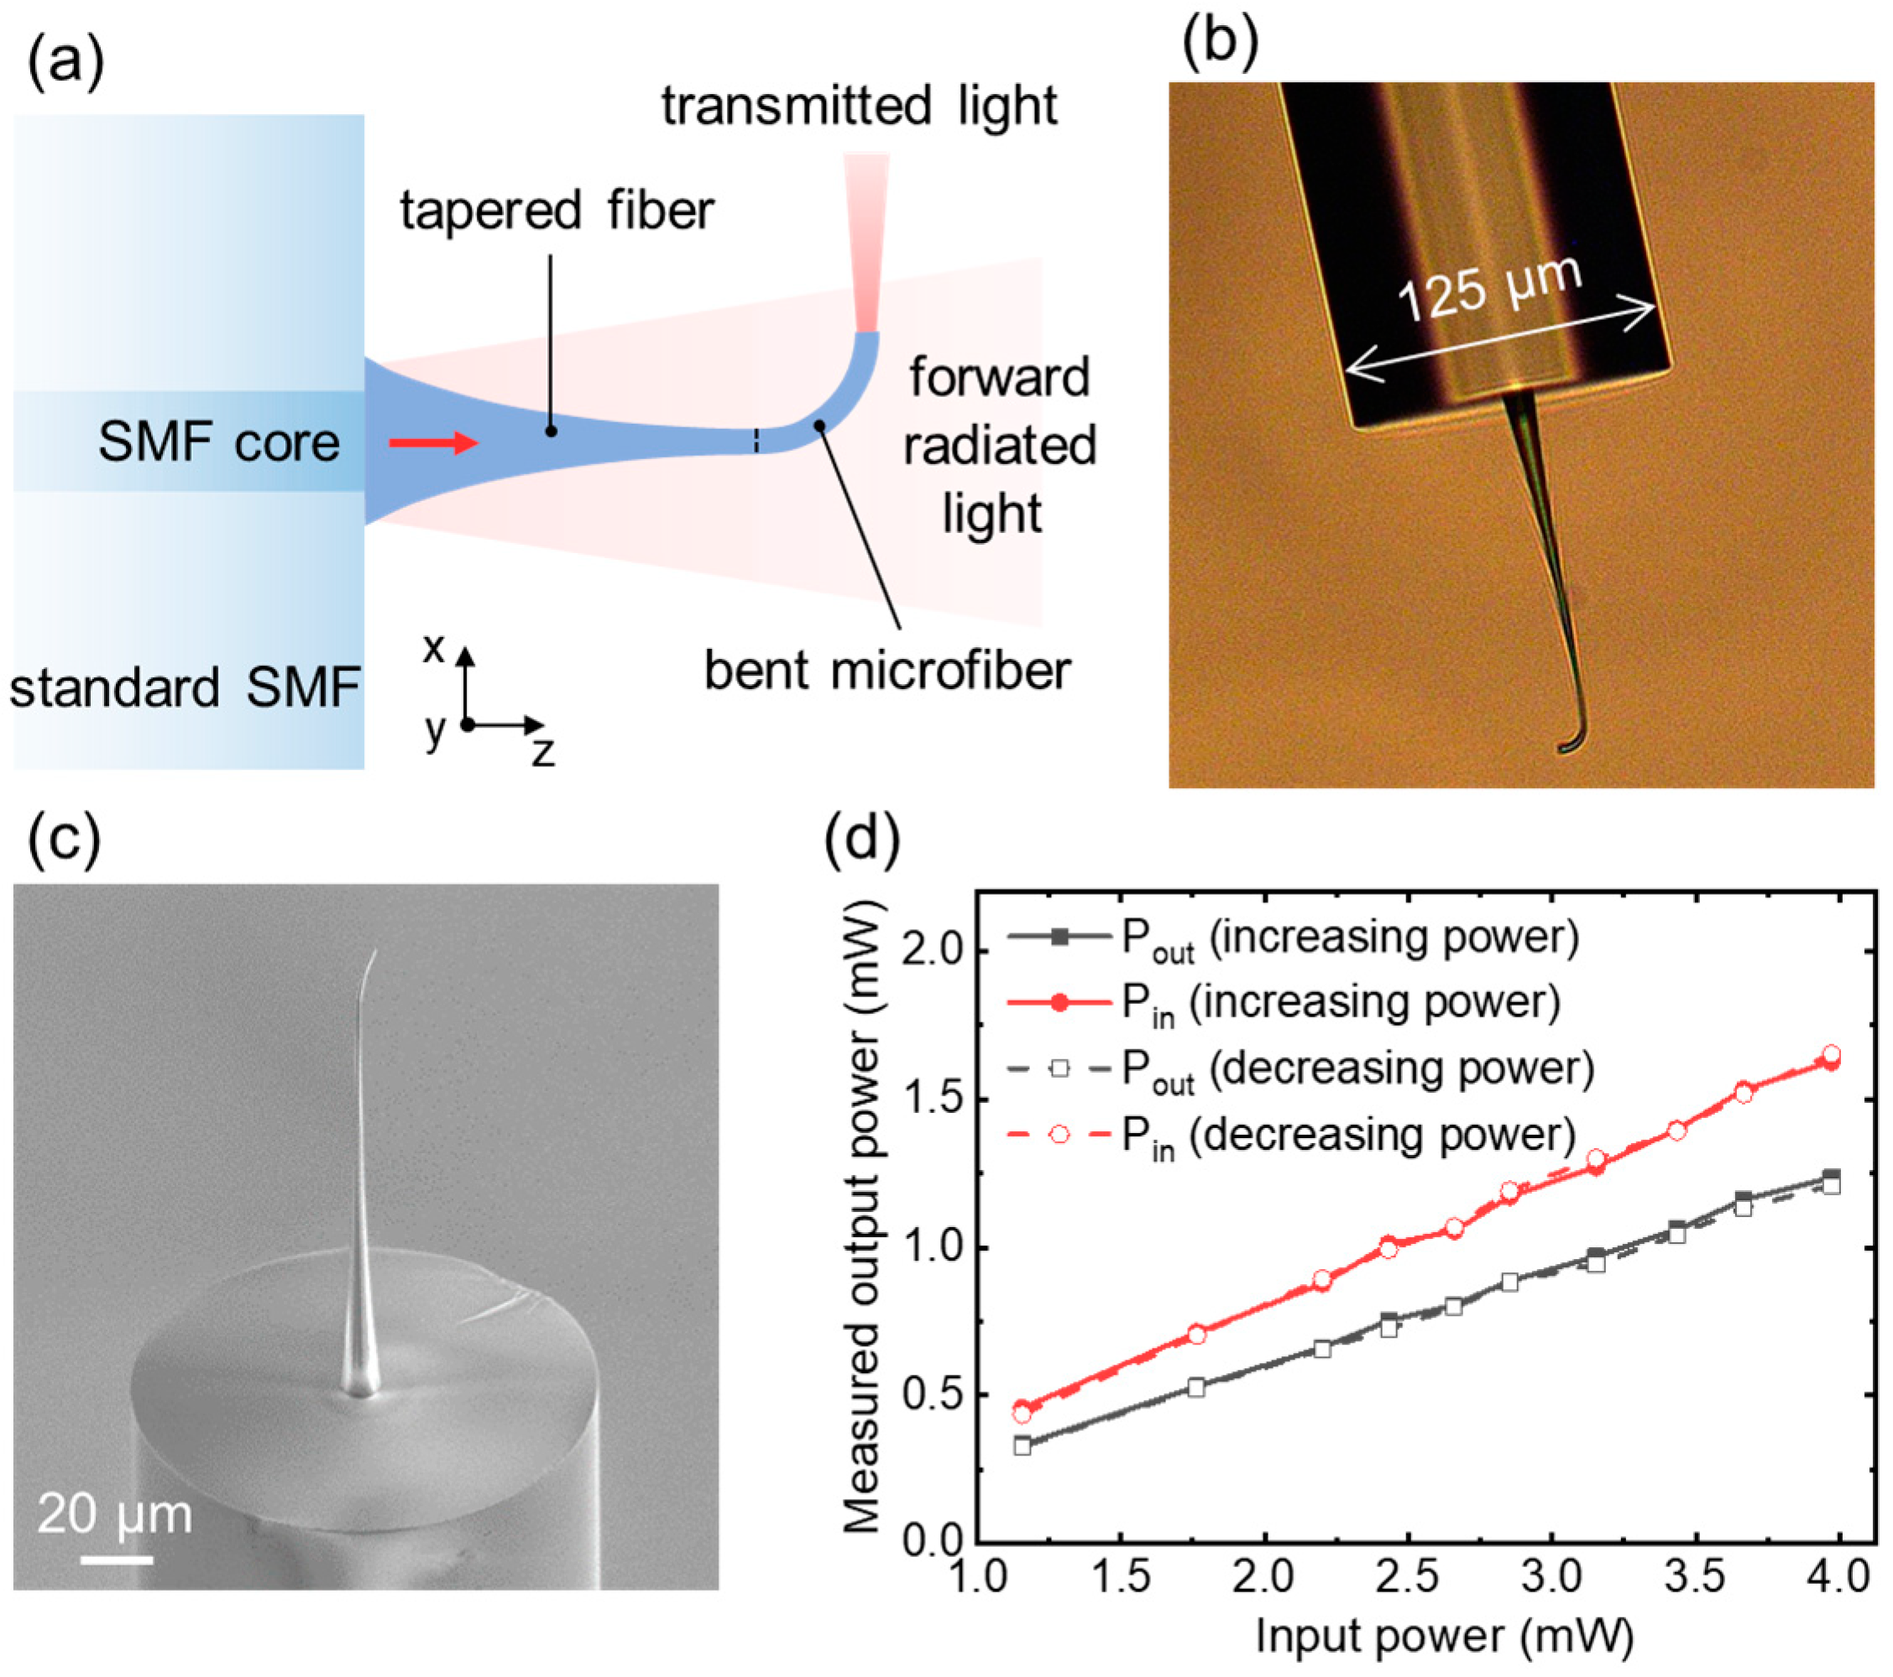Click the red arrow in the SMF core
432,443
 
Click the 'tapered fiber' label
557,212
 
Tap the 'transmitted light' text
859,106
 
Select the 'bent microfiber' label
886,671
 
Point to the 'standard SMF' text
185,688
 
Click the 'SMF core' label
218,442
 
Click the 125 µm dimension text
1488,287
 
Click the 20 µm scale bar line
117,1560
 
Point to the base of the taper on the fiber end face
359,1387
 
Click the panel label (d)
861,843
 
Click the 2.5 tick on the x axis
1407,1576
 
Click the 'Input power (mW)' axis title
1444,1636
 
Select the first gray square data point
1022,1445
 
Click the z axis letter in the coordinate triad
542,752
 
